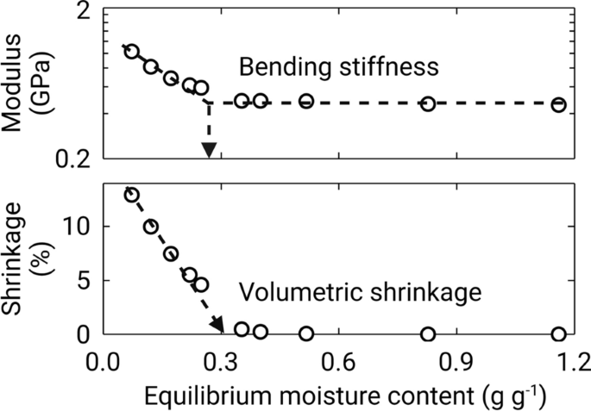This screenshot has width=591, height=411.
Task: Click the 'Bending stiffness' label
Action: tap(339, 66)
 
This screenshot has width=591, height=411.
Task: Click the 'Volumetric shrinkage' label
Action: tap(359, 293)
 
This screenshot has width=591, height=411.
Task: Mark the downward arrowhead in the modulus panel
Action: tap(208, 151)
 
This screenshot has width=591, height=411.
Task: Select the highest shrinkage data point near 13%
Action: tap(131, 195)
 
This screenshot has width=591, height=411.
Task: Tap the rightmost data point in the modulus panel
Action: tap(558, 104)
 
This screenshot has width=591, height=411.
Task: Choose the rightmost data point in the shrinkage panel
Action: tap(558, 334)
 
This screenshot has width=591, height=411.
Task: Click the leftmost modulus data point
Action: tap(131, 52)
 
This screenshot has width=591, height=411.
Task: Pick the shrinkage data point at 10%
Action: tap(151, 227)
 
